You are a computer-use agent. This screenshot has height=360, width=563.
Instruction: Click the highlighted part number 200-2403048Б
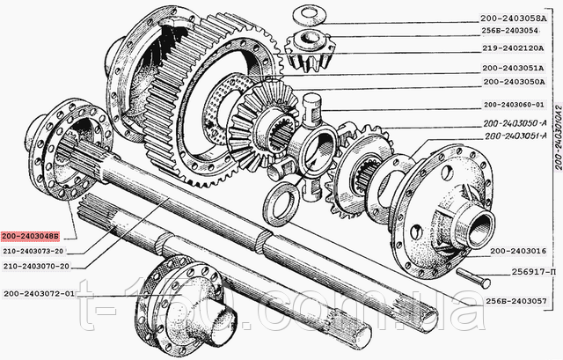[x=30, y=237]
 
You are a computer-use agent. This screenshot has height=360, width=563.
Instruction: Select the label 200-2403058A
[x=513, y=18]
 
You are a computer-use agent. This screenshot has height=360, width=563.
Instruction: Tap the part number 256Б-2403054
[x=510, y=31]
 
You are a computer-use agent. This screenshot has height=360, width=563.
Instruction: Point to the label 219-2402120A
[x=512, y=48]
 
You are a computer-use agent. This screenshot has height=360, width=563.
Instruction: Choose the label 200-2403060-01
[x=514, y=105]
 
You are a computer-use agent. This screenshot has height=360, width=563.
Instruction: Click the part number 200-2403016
[x=518, y=251]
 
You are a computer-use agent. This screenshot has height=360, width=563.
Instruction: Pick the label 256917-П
[x=533, y=273]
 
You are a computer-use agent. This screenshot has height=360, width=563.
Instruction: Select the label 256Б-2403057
[x=516, y=301]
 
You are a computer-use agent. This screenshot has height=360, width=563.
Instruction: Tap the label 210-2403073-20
[x=33, y=251]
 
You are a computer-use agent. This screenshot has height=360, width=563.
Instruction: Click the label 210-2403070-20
[x=36, y=266]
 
